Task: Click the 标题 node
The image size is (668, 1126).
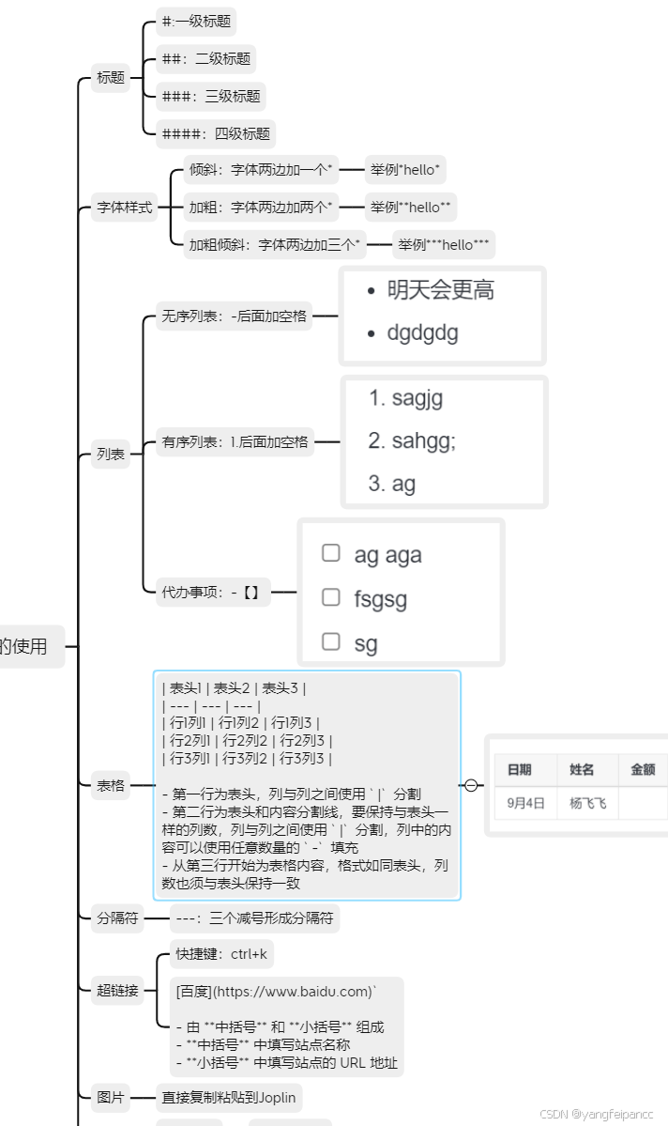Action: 111,78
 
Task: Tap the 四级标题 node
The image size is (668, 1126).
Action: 216,134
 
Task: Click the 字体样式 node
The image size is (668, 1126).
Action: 125,208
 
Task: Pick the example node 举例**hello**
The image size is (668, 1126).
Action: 410,208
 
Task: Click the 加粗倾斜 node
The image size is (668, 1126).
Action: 275,245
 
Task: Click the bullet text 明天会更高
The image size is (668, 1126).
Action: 441,291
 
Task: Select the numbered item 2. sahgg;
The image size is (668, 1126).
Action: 412,440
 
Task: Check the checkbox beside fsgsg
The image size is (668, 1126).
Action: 330,596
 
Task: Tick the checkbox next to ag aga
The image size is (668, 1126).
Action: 330,552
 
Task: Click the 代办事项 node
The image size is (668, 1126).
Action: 211,592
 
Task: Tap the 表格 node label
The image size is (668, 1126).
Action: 111,785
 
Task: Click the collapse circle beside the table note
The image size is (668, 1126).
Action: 472,785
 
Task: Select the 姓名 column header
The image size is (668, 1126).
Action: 582,769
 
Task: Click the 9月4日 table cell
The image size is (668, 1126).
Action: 525,803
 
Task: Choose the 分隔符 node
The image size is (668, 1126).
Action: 117,918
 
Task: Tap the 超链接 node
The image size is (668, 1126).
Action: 117,990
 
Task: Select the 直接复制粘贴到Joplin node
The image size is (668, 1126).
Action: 229,1096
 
